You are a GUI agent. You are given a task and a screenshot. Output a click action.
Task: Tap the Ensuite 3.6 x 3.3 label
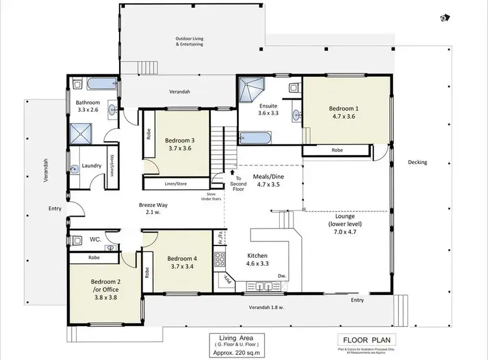coord(268,109)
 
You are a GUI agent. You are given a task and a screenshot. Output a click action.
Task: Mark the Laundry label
coord(92,165)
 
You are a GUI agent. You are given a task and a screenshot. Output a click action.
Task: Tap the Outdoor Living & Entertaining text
coord(189,41)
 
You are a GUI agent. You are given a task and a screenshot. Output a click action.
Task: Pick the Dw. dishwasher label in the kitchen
coord(282,275)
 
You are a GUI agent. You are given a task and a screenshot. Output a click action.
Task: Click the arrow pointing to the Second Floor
coord(232,173)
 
